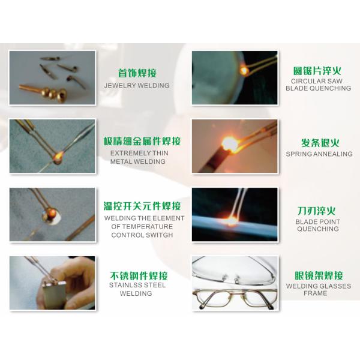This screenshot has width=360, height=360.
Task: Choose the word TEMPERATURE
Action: tap(148, 227)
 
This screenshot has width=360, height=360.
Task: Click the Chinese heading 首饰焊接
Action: tap(137, 73)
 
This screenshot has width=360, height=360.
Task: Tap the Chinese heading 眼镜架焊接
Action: tap(319, 275)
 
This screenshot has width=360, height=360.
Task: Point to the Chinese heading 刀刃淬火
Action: tap(316, 211)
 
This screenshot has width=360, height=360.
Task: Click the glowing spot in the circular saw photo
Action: tap(244, 70)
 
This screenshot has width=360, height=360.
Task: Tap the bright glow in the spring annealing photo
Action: tap(230, 145)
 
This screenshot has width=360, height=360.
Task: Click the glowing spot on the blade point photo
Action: tap(231, 220)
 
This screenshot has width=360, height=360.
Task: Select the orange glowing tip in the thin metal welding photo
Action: tap(58, 157)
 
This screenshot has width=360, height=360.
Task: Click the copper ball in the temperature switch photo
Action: tap(53, 212)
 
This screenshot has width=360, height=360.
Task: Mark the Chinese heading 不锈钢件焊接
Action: tap(139, 275)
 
